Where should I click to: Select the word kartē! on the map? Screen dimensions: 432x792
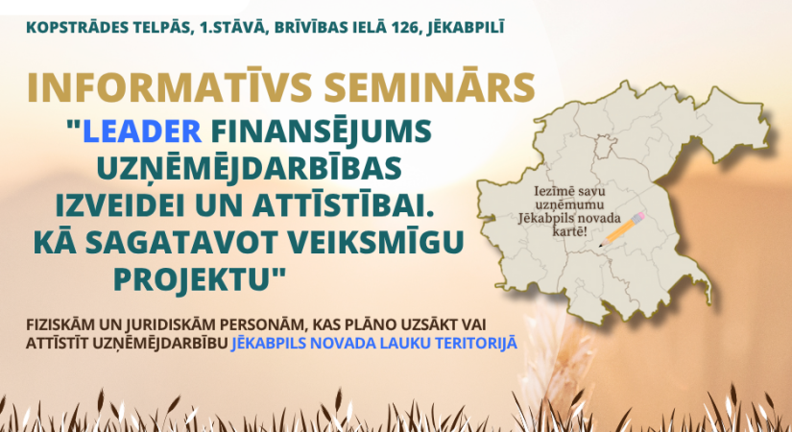[x=581, y=232]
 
